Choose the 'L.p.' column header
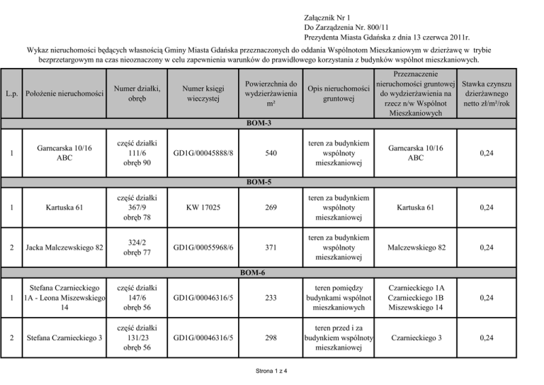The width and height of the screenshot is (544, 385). click(x=12, y=94)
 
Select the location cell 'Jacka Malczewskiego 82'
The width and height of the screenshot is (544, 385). click(x=64, y=247)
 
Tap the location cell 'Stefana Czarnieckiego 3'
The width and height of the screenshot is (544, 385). click(x=64, y=338)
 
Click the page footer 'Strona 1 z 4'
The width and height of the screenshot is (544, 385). click(x=272, y=373)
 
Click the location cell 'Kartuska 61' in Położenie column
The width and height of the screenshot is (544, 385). click(x=64, y=207)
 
